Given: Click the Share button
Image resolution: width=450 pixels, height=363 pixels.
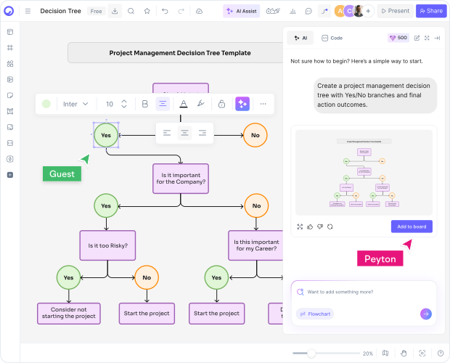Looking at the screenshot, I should pyautogui.click(x=430, y=11).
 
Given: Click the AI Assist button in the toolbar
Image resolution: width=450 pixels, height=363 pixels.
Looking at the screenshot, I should pyautogui.click(x=241, y=11).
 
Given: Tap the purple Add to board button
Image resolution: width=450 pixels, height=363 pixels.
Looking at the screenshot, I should pyautogui.click(x=412, y=227).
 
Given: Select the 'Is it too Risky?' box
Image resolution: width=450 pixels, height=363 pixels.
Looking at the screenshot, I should pyautogui.click(x=107, y=245).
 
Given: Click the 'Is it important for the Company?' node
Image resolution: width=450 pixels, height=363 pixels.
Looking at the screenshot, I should pyautogui.click(x=180, y=178).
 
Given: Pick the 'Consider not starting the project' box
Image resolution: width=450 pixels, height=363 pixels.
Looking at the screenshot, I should pyautogui.click(x=69, y=314).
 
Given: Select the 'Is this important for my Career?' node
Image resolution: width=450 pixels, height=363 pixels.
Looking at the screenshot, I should pyautogui.click(x=255, y=245).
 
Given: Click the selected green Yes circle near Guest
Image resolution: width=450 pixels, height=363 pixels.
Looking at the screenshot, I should pyautogui.click(x=106, y=135).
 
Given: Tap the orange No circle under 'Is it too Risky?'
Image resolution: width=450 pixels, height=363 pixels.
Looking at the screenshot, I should pyautogui.click(x=147, y=277).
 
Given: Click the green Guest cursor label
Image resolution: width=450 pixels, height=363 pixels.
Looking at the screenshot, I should pyautogui.click(x=62, y=174).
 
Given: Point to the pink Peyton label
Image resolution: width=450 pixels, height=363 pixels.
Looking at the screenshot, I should pyautogui.click(x=380, y=258).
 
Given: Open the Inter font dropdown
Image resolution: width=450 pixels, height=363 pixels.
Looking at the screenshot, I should pyautogui.click(x=75, y=104).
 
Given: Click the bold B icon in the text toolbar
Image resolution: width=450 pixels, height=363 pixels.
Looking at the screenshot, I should pyautogui.click(x=144, y=104).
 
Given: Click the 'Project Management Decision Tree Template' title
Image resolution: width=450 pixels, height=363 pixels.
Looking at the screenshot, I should pyautogui.click(x=180, y=53).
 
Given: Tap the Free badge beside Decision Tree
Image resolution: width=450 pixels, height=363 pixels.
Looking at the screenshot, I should pyautogui.click(x=96, y=11).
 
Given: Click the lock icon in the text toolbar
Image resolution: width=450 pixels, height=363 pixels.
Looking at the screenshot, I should pyautogui.click(x=221, y=104).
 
